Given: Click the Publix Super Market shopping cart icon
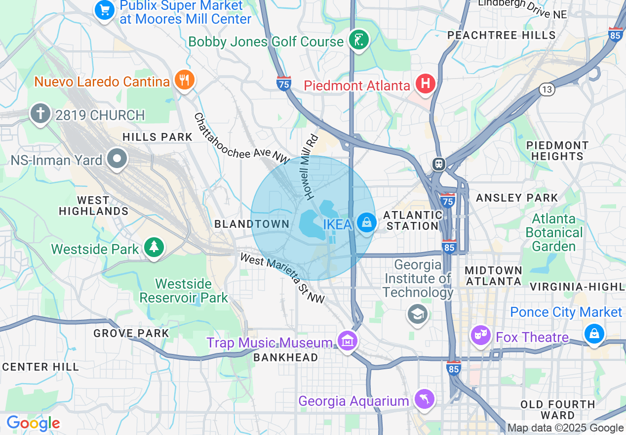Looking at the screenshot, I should (x=105, y=9).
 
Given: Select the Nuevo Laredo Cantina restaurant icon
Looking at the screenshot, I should (x=184, y=80).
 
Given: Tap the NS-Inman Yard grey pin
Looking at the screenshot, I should (x=117, y=159).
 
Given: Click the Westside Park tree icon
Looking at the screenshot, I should (x=154, y=247).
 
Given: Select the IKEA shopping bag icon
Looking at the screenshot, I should (x=366, y=222).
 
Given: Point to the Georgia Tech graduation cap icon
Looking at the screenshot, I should (x=417, y=313).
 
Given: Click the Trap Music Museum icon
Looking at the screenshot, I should (x=348, y=341).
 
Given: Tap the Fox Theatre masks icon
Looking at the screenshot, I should (x=480, y=336).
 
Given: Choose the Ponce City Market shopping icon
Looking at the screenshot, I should (x=594, y=334).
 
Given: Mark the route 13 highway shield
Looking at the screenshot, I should (x=547, y=89).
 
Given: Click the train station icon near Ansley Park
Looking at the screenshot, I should (x=438, y=164).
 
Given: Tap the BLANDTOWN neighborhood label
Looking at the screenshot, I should (x=252, y=224).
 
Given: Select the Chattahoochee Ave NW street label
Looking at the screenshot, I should (x=240, y=138).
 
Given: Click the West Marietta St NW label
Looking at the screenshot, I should (x=282, y=278).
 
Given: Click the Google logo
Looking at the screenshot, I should (x=33, y=423).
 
